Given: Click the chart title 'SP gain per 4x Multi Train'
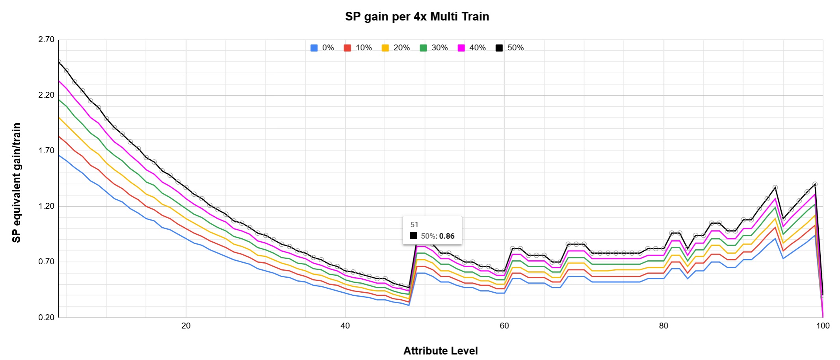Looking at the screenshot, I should (x=417, y=17).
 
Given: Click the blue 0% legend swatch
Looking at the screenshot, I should (x=314, y=48).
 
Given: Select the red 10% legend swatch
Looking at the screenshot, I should (x=348, y=48).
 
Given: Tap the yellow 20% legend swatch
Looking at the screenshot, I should (x=385, y=48).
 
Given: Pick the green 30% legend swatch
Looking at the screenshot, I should (x=423, y=48).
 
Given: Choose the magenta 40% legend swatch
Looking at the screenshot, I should (x=461, y=48).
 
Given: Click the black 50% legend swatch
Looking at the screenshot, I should (x=499, y=48).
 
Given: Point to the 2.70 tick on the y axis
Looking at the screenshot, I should (x=46, y=39).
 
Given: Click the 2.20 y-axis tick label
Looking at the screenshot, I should (x=46, y=95).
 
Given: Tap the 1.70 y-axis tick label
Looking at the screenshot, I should (x=46, y=150).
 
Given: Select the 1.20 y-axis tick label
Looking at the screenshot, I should (x=46, y=206).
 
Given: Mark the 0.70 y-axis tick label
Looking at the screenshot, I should (x=46, y=262).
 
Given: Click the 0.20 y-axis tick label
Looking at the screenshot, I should (x=46, y=317).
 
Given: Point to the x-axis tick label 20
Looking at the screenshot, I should (x=186, y=326).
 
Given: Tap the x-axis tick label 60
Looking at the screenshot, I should (x=504, y=326).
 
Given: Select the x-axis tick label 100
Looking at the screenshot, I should (x=823, y=326).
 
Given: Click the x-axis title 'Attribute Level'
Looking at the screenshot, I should (x=440, y=351).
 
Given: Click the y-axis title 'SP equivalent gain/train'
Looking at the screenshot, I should (x=17, y=183).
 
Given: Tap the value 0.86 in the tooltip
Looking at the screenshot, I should (x=447, y=236).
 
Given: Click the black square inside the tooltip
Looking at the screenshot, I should (x=414, y=236).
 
